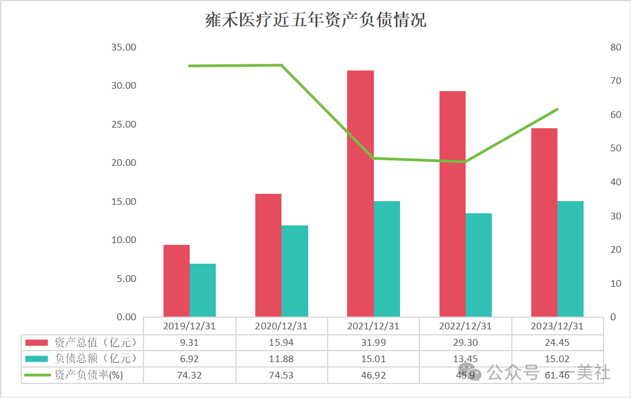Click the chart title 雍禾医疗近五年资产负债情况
315,19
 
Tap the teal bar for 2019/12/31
202,290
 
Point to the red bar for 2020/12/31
268,255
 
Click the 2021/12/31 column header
373,326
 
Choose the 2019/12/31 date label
189,326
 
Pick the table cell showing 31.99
373,342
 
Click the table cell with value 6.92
189,359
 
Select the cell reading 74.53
281,375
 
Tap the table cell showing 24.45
557,342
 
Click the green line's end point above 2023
557,109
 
